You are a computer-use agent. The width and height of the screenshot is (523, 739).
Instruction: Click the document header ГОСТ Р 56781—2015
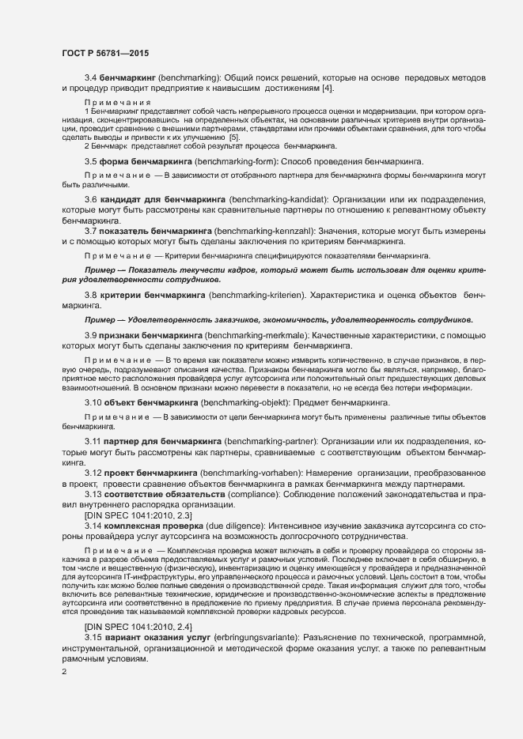pos(105,52)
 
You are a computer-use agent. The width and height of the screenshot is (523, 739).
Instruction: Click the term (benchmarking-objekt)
pos(246,402)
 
